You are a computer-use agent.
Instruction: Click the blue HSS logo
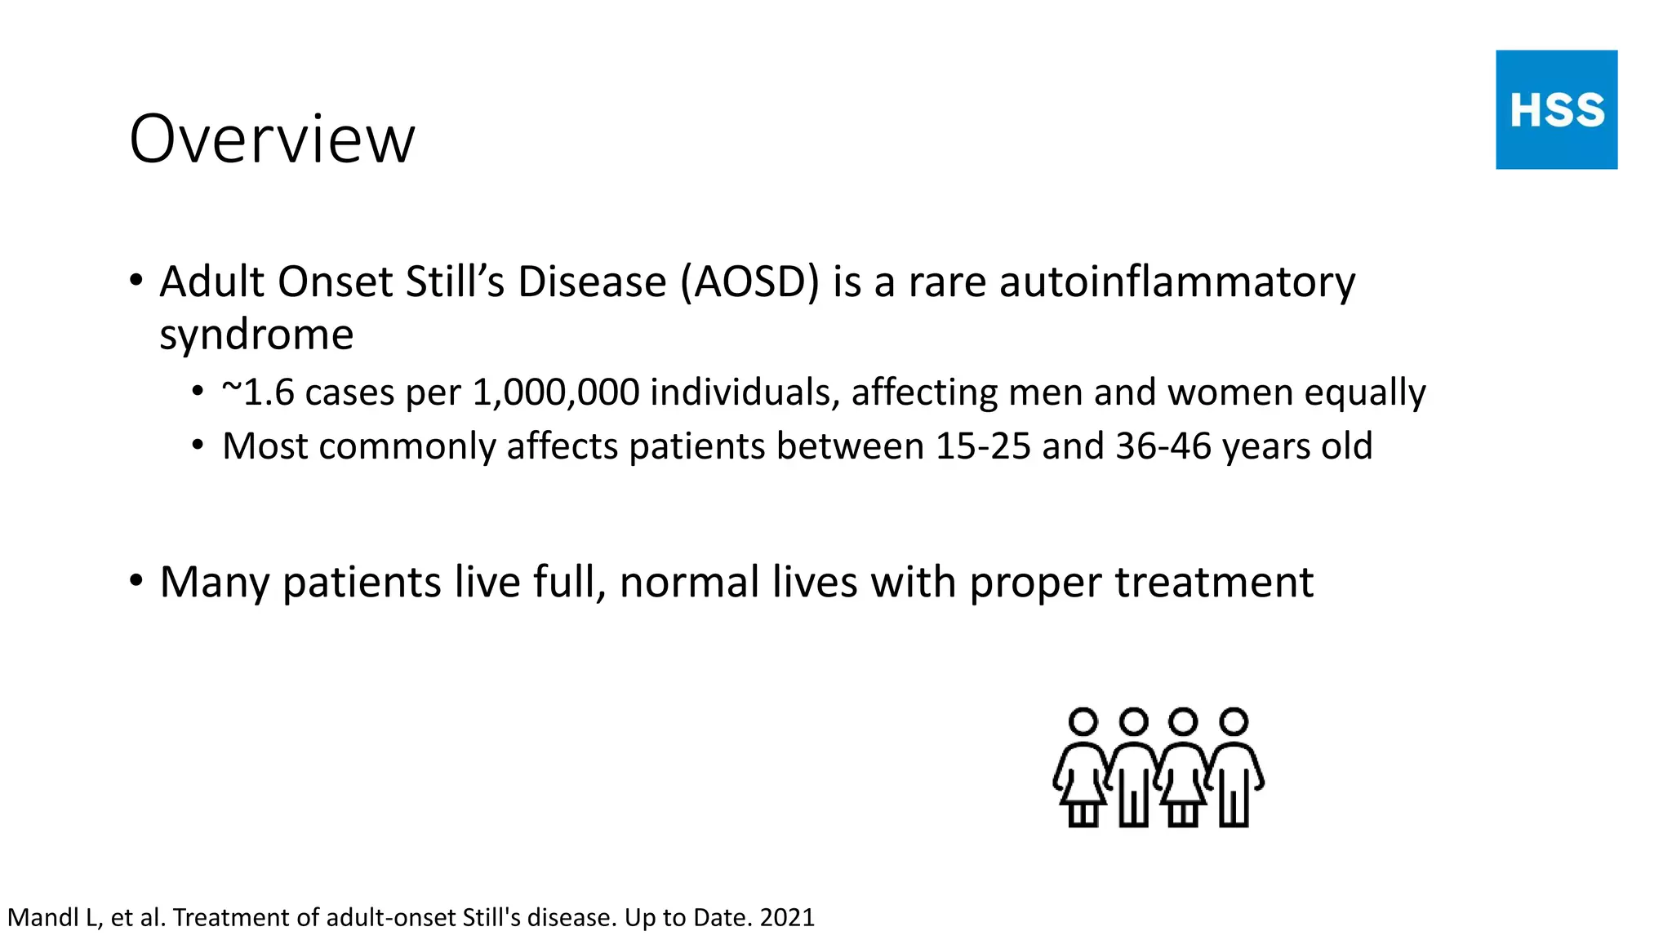1556,109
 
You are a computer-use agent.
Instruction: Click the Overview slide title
272,139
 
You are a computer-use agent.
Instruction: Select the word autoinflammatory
1177,282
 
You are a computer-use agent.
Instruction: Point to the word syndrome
256,335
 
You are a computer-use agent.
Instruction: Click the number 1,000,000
556,392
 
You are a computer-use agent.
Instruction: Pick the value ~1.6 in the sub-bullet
257,392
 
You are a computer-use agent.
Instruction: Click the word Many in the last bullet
214,583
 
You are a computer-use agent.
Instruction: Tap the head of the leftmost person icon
1083,722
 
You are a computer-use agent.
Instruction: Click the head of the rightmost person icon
1234,722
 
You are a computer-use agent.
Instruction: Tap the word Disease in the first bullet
592,282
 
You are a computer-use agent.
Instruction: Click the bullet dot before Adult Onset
136,282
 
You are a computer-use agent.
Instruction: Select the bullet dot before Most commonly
198,446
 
